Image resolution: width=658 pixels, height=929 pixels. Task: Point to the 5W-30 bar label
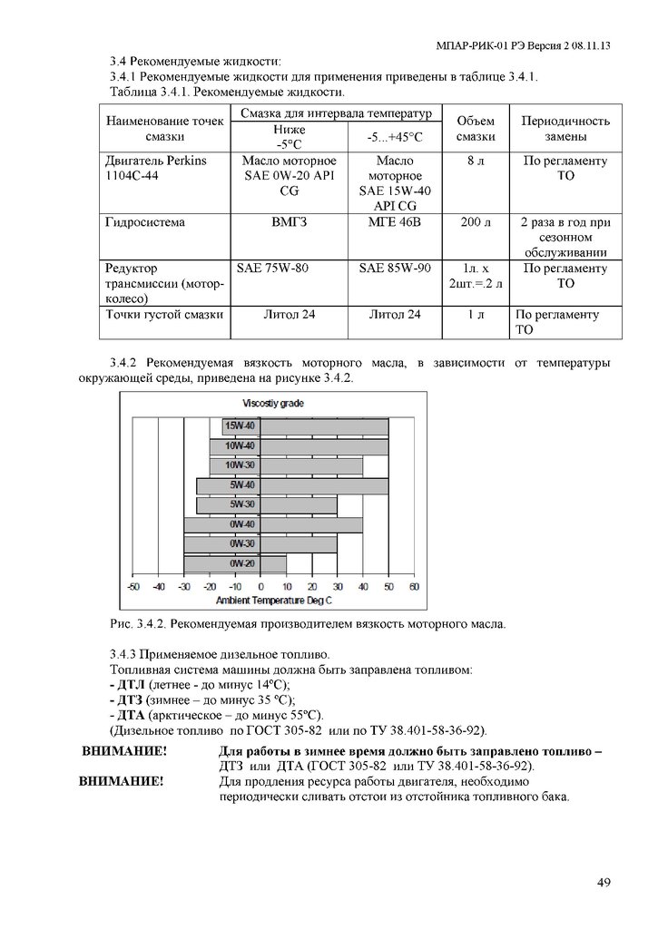click(x=241, y=504)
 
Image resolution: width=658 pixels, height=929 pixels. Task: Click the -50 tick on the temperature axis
click(x=133, y=587)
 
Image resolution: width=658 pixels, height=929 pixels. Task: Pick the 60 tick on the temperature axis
click(x=414, y=587)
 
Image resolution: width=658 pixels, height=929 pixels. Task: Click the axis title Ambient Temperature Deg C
click(x=272, y=600)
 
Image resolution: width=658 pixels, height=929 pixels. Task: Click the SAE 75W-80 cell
click(x=272, y=269)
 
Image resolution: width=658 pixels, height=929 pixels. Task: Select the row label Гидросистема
click(x=145, y=221)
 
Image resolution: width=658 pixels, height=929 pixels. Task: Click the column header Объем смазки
click(x=475, y=129)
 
